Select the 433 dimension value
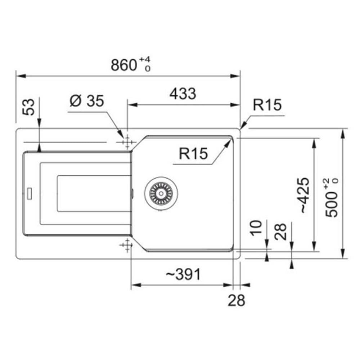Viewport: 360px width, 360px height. point(183,94)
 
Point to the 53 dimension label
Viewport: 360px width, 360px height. point(28,107)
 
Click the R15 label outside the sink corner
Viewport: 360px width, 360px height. point(267,105)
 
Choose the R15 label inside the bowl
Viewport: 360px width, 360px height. point(193,153)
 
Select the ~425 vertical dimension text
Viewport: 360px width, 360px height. point(305,195)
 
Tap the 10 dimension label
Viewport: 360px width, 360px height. point(256,228)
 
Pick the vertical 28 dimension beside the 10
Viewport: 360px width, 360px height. point(280,231)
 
